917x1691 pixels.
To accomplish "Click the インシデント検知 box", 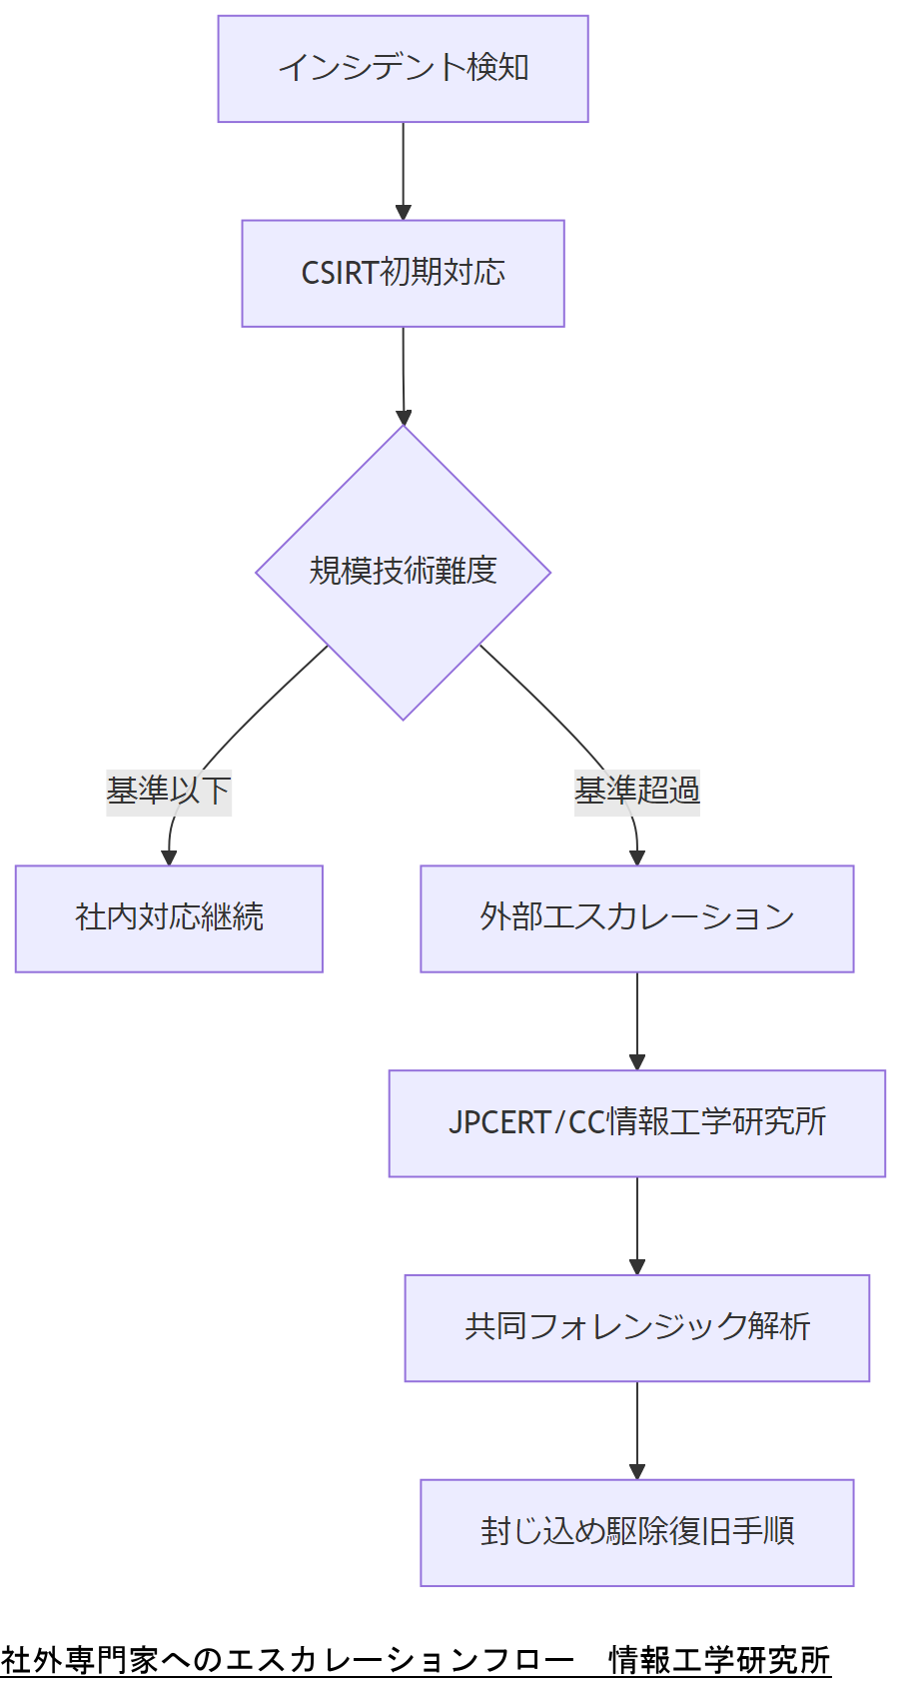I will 403,69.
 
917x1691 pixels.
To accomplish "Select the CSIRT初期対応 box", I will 403,273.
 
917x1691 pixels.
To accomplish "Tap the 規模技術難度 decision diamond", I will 403,572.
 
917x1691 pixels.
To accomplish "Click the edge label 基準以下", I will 169,791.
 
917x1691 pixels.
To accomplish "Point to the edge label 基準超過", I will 636,791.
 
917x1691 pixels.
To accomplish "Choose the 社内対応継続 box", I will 169,917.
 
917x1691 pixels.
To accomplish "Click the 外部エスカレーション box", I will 636,917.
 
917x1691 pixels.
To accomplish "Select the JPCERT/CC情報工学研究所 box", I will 636,1122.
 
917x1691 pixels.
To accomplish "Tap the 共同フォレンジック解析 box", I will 636,1327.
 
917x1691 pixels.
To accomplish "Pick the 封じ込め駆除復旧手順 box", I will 636,1532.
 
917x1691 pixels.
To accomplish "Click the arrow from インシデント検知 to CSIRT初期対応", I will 403,170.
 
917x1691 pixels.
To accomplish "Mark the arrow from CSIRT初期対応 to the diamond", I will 403,375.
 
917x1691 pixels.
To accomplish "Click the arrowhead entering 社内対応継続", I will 169,857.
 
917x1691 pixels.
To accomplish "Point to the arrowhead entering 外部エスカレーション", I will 636,857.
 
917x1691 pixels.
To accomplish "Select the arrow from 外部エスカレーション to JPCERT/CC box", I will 636,1019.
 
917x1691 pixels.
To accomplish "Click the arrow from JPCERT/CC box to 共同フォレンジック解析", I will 636,1224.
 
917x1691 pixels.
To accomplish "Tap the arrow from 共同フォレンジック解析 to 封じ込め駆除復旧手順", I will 636,1429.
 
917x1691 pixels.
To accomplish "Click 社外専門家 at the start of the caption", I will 80,1660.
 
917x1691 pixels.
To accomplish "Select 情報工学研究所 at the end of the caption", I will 719,1660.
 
